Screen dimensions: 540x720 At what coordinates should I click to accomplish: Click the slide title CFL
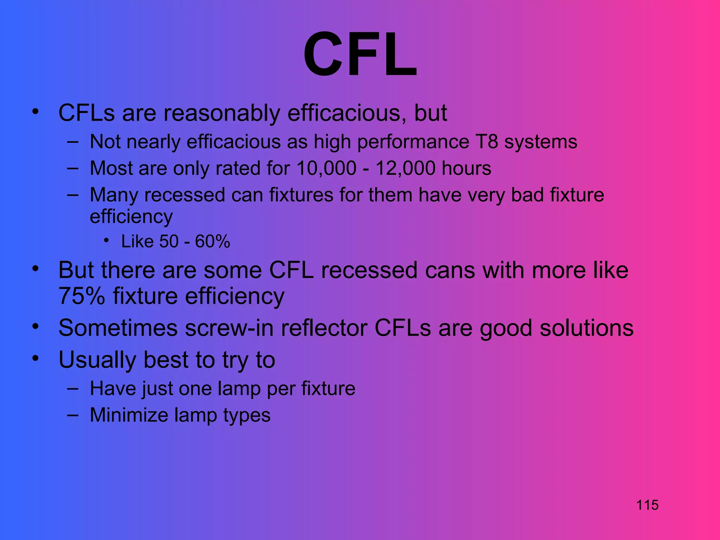360,54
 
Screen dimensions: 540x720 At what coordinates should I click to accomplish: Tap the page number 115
647,505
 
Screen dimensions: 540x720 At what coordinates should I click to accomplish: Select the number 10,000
326,168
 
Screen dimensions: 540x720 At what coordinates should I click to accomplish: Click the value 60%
212,242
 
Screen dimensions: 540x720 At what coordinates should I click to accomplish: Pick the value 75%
82,296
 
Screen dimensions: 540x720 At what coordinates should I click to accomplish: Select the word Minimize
129,415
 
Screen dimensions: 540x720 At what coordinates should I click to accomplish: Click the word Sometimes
118,328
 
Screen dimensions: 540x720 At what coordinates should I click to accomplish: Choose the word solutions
586,328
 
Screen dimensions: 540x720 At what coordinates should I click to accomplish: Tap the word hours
466,168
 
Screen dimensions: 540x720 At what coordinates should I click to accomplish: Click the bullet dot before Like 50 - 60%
106,240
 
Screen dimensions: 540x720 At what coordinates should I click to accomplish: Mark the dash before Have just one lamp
72,388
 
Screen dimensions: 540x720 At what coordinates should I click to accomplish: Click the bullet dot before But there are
35,269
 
